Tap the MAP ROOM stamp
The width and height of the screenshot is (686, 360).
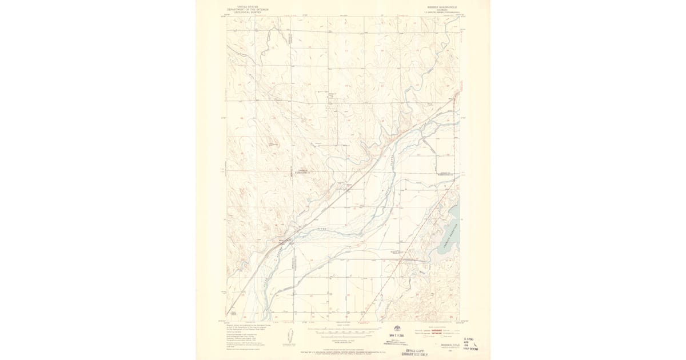pyautogui.click(x=470, y=348)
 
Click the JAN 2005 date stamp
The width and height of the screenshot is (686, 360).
pyautogui.click(x=397, y=335)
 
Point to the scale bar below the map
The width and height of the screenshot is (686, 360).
pyautogui.click(x=343, y=330)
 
